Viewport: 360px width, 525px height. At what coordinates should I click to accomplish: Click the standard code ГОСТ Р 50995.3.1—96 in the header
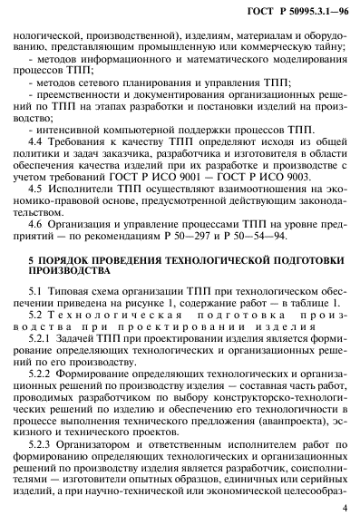pos(296,10)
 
